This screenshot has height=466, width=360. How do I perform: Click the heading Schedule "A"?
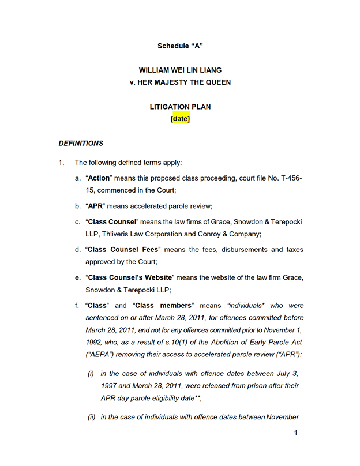(x=180, y=46)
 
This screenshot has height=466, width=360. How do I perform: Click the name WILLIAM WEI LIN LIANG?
(x=180, y=70)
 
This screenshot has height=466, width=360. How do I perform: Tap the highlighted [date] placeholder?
(x=180, y=119)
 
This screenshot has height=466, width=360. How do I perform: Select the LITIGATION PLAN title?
(x=180, y=107)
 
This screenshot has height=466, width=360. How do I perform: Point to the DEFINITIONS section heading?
(x=81, y=143)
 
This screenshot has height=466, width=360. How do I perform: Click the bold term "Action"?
(x=99, y=178)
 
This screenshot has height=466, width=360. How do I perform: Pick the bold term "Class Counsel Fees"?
(x=122, y=250)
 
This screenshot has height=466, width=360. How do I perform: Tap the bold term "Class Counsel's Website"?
(x=132, y=277)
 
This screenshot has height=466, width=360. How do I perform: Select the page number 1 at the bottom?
(x=295, y=433)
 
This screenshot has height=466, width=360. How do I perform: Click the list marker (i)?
(x=91, y=373)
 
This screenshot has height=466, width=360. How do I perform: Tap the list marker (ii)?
(x=91, y=417)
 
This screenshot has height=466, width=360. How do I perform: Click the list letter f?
(x=77, y=305)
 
